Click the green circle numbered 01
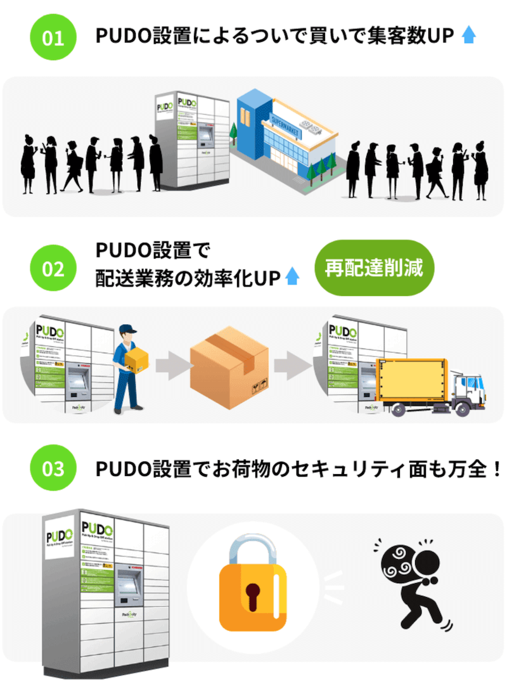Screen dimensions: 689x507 coord(53,37)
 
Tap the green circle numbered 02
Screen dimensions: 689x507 coord(53,268)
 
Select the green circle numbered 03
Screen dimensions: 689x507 coord(53,470)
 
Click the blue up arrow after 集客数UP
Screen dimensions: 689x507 coord(468,35)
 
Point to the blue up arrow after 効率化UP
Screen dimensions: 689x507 coord(292,276)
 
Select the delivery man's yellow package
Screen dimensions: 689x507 coord(136,360)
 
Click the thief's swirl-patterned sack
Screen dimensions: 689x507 coord(399,561)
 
